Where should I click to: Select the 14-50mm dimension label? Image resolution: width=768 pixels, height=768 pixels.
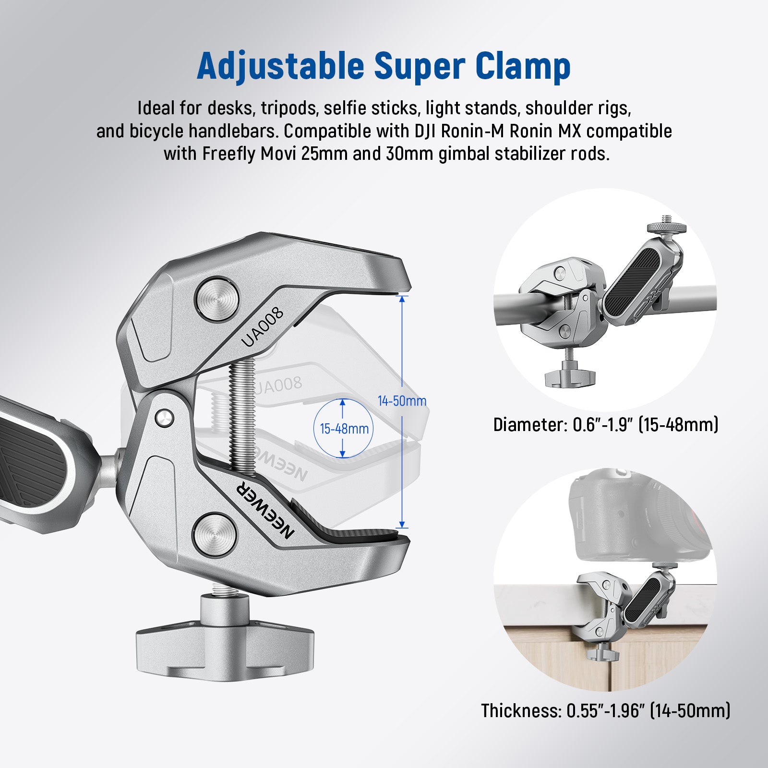coord(402,400)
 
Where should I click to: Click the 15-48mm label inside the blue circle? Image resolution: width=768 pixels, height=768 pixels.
coord(344,428)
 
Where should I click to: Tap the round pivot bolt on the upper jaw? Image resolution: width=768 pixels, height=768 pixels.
coord(217,300)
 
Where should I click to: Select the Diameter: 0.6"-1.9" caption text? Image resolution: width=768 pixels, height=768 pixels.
coord(606,425)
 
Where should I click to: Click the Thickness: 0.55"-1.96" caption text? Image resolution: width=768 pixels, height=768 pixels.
coord(606,710)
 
